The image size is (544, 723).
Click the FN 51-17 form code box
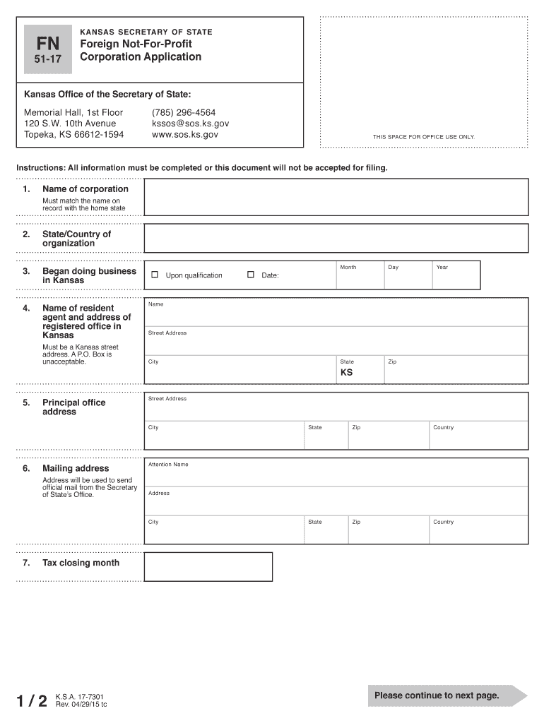click(x=48, y=49)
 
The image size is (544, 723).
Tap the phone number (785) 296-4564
click(x=184, y=113)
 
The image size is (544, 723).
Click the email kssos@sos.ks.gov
click(x=190, y=124)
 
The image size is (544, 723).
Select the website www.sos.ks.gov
click(x=185, y=134)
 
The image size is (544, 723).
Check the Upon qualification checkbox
click(x=155, y=275)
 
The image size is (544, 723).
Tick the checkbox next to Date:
click(x=250, y=275)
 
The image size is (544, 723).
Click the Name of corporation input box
click(x=336, y=197)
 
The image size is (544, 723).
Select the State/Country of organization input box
click(x=336, y=238)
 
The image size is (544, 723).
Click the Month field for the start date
click(x=360, y=277)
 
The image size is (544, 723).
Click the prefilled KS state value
click(x=346, y=373)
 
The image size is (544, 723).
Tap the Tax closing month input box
click(x=208, y=566)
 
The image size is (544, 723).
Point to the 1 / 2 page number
click(x=32, y=700)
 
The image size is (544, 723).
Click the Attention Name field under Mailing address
click(x=336, y=476)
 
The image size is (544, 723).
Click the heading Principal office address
click(x=73, y=407)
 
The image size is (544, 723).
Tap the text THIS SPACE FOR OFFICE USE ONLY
click(x=424, y=137)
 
